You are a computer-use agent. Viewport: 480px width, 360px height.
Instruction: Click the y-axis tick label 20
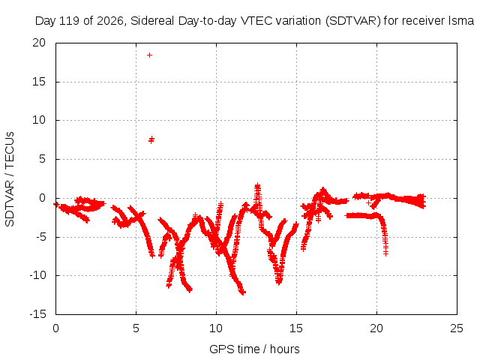click(39, 43)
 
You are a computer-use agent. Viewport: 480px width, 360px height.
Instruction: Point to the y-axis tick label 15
click(39, 82)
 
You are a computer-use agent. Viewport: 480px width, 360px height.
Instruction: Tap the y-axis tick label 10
click(39, 120)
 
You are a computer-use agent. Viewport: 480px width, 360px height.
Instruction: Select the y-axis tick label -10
click(38, 275)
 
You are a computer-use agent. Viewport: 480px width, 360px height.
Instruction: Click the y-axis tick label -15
click(38, 314)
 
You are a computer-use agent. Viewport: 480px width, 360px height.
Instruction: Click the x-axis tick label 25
click(457, 328)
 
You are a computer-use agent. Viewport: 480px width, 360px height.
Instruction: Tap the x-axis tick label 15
click(296, 328)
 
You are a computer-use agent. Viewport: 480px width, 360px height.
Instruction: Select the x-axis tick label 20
click(376, 328)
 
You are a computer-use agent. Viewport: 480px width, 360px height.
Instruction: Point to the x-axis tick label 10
click(216, 328)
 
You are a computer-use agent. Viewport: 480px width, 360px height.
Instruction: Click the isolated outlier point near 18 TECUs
click(149, 55)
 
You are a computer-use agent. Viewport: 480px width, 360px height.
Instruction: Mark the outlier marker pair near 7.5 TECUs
click(151, 140)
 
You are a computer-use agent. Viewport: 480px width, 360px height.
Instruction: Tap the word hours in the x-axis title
click(285, 349)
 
